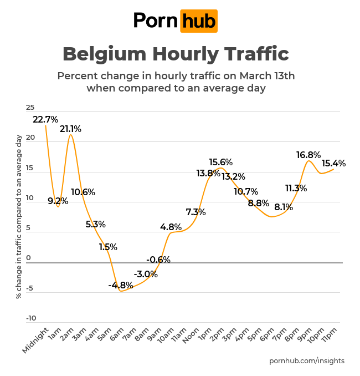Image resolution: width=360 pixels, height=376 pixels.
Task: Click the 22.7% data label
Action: [x=45, y=119]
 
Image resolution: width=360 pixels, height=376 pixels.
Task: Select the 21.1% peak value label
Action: [x=70, y=129]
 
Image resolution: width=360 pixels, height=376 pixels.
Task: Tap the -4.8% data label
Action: [x=121, y=285]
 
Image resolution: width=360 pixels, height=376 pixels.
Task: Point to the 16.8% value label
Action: [x=308, y=155]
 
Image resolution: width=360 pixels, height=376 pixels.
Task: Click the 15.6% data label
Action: [x=220, y=162]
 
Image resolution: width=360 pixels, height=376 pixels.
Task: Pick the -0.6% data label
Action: [x=158, y=260]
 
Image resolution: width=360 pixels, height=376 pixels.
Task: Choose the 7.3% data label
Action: [x=196, y=212]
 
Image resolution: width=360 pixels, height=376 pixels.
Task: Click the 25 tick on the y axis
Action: [x=30, y=108]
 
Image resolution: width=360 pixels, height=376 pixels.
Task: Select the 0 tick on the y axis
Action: [x=28, y=258]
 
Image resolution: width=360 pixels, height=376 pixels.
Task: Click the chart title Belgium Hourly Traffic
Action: [x=176, y=54]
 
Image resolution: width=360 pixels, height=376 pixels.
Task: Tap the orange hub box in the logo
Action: [x=199, y=21]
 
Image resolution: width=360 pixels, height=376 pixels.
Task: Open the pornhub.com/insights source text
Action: [x=306, y=360]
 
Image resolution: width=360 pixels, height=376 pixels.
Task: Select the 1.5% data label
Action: [x=108, y=247]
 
